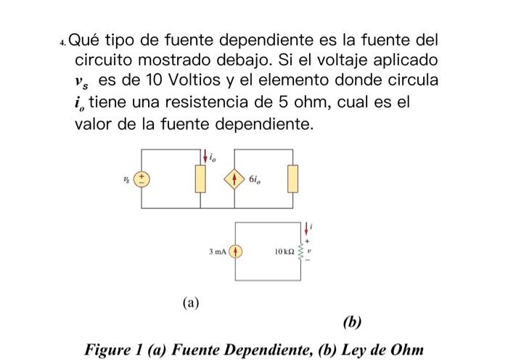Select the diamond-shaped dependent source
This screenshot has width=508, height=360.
[234, 179]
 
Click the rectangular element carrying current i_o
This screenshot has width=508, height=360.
[198, 179]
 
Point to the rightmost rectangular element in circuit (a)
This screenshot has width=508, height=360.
[292, 179]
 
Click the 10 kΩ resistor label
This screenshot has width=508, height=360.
[284, 252]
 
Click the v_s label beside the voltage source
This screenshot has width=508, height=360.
[127, 178]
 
